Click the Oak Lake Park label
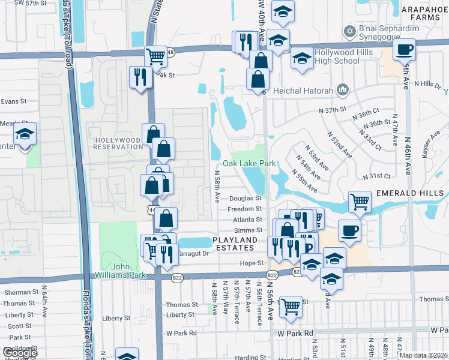(249, 163)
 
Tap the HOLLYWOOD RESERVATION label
(118, 143)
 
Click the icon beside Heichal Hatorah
(343, 90)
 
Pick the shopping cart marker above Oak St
(155, 57)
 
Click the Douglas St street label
(246, 198)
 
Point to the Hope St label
(252, 263)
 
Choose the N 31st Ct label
(377, 176)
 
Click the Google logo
(19, 353)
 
